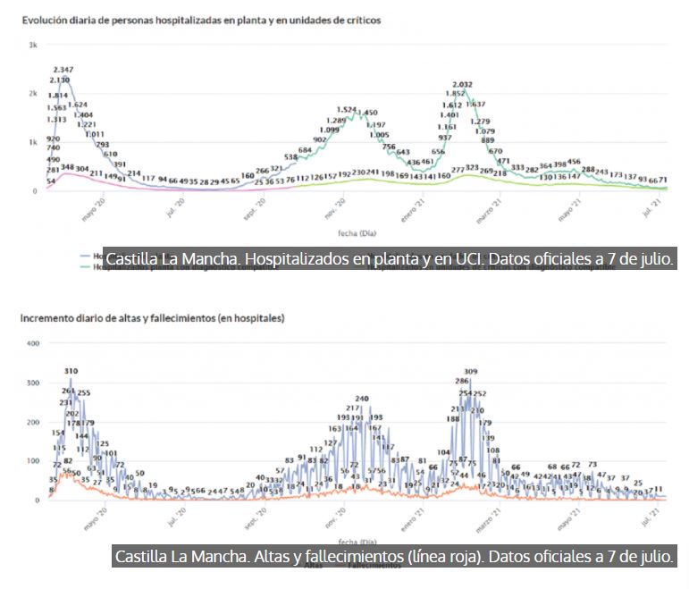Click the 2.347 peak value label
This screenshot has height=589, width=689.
point(63,69)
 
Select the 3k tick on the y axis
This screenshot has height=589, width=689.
point(32,46)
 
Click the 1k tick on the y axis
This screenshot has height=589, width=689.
point(32,142)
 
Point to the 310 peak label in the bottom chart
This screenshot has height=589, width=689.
point(71,370)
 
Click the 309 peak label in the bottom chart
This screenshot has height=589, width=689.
point(471,371)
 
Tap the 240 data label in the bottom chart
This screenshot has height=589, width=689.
point(362,399)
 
